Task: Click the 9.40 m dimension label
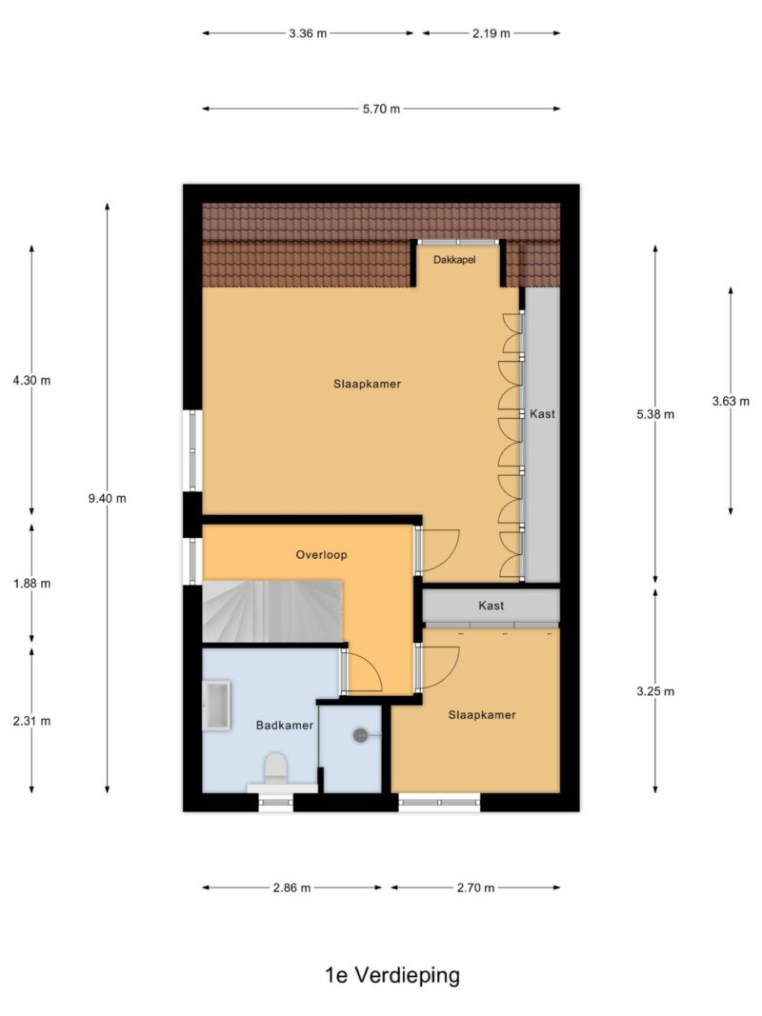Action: pyautogui.click(x=107, y=498)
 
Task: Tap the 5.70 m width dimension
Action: pyautogui.click(x=381, y=109)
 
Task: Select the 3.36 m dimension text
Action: pyautogui.click(x=308, y=33)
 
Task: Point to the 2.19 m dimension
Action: pyautogui.click(x=491, y=33)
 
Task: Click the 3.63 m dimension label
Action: pyautogui.click(x=731, y=401)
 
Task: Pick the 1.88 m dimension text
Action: pyautogui.click(x=31, y=583)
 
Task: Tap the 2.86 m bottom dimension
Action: pyautogui.click(x=291, y=887)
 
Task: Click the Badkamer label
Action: pyautogui.click(x=285, y=726)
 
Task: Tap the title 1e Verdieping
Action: pyautogui.click(x=391, y=975)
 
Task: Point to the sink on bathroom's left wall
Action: pyautogui.click(x=217, y=706)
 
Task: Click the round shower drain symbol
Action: pyautogui.click(x=361, y=735)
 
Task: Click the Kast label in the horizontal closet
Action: pyautogui.click(x=491, y=605)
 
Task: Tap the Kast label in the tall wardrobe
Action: pyautogui.click(x=542, y=414)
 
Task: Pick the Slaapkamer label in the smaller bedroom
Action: pyautogui.click(x=482, y=715)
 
